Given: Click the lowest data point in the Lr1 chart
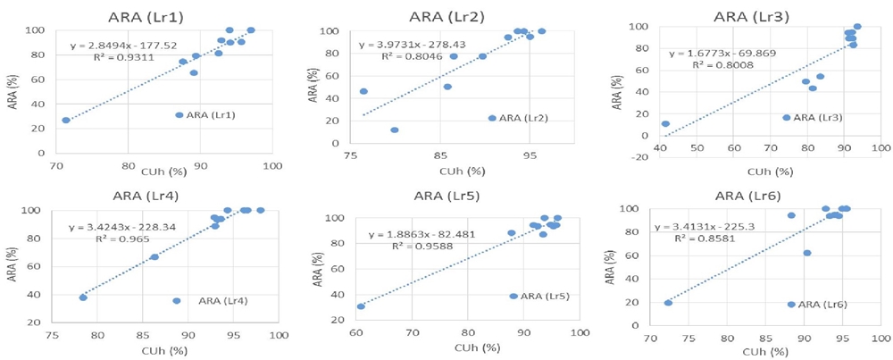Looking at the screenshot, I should [x=66, y=120].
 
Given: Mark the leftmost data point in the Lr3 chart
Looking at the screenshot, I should [x=665, y=124].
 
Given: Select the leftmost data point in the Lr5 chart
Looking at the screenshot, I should [x=361, y=306].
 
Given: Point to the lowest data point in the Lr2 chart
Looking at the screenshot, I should [x=395, y=130].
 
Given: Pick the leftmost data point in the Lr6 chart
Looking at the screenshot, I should [x=668, y=303].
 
